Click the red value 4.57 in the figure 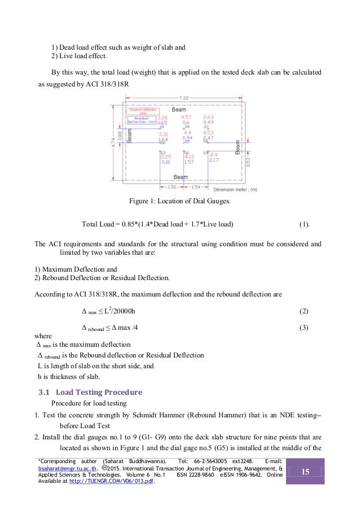pos(186,117)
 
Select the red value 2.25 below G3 pos(165,157)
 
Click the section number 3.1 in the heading pos(43,392)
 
